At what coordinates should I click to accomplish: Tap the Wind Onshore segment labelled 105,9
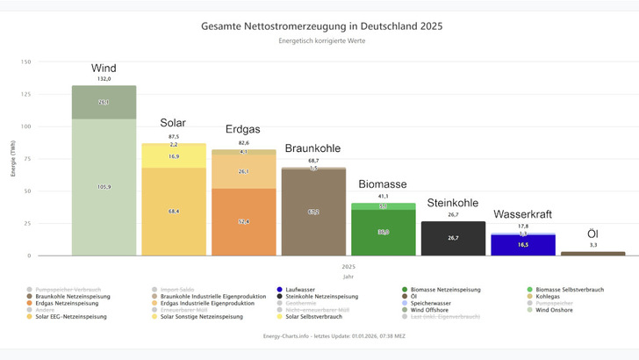click(x=104, y=187)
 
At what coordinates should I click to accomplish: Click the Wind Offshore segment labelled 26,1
click(x=104, y=103)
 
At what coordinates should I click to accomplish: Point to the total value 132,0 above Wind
click(x=104, y=79)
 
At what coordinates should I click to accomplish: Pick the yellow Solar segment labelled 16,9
click(x=174, y=157)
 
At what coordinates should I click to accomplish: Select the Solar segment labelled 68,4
click(x=174, y=211)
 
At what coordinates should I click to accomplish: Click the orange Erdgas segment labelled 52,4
click(x=243, y=221)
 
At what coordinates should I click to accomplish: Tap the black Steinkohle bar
click(x=453, y=238)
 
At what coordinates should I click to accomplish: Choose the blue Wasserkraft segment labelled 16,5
click(x=522, y=245)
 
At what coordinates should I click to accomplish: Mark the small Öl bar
click(x=592, y=253)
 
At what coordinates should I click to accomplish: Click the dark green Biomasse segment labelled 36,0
click(x=383, y=233)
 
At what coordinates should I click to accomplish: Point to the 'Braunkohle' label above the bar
click(x=313, y=148)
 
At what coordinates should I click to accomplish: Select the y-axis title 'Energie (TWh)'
click(x=13, y=159)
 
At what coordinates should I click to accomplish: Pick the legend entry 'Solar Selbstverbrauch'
click(x=187, y=316)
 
